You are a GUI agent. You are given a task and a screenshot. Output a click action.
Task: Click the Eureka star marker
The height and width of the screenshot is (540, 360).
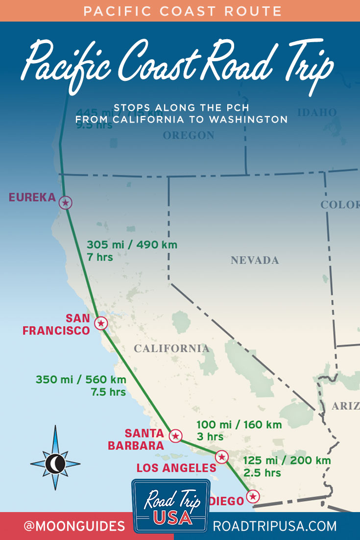coord(65,202)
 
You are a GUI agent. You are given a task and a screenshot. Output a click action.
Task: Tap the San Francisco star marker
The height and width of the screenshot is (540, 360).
coord(101,323)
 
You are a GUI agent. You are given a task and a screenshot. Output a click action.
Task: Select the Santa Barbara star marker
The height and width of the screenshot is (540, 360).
coord(175,436)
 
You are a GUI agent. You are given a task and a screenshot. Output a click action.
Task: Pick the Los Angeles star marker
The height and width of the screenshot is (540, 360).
coord(222,457)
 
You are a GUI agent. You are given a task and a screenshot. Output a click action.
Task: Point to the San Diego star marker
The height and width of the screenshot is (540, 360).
coord(252,496)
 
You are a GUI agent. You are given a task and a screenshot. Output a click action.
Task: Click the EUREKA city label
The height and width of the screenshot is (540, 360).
coord(32,197)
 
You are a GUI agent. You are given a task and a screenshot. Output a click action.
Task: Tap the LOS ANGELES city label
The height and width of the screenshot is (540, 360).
coord(176,468)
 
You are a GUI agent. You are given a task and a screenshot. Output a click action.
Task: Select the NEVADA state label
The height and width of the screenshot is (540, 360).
coord(255,260)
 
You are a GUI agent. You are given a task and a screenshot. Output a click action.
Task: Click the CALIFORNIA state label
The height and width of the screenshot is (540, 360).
coord(171,348)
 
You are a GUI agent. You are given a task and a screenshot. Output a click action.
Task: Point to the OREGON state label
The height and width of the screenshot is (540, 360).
coord(189,135)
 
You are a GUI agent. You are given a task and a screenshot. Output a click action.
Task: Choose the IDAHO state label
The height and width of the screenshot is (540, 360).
coord(317,113)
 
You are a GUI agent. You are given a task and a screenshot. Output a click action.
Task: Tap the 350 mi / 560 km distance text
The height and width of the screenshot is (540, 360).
coord(81,380)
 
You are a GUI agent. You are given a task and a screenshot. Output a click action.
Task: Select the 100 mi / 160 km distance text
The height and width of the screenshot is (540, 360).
coord(239,425)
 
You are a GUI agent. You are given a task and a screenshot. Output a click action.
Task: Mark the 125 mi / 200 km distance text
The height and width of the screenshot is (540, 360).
coord(287,461)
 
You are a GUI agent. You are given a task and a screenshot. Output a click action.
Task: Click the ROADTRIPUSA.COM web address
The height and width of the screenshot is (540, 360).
coord(275,526)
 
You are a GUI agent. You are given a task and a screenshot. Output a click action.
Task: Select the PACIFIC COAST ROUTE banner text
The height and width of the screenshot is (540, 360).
coord(180,10)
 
